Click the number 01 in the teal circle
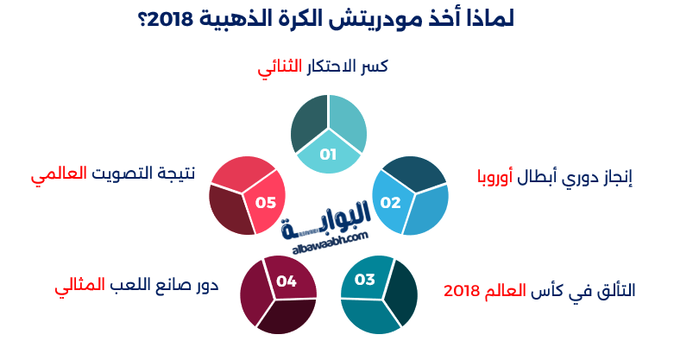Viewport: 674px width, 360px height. [328, 155]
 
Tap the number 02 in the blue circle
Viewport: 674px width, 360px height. [391, 203]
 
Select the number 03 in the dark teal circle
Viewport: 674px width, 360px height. [364, 280]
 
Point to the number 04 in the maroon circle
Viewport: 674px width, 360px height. [287, 281]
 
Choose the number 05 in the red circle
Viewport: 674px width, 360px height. [265, 203]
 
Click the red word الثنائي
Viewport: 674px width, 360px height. [279, 67]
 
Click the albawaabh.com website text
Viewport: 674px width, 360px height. [327, 236]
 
